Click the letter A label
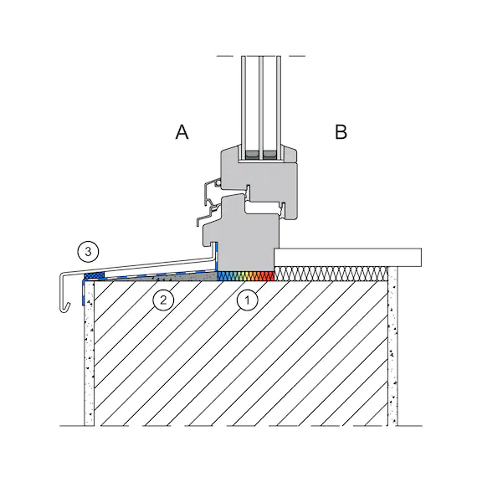tap(182, 132)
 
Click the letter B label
tap(341, 132)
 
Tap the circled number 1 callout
tap(248, 300)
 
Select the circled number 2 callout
tap(163, 300)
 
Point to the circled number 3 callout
tap(88, 252)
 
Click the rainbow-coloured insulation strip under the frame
tap(246, 276)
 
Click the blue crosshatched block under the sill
tap(95, 275)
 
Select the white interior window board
tap(347, 257)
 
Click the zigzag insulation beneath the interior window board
tap(331, 274)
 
